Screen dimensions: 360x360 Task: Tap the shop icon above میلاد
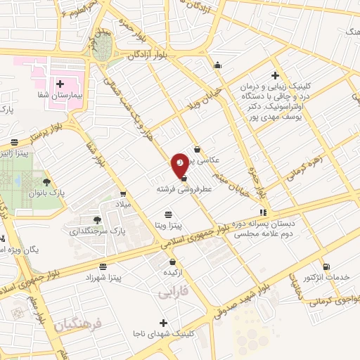pyautogui.click(x=123, y=195)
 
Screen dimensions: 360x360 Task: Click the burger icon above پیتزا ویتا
pyautogui.click(x=168, y=214)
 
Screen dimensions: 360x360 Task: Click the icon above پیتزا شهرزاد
pyautogui.click(x=103, y=267)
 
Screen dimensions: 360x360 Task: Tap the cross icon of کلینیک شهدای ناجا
pyautogui.click(x=163, y=322)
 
